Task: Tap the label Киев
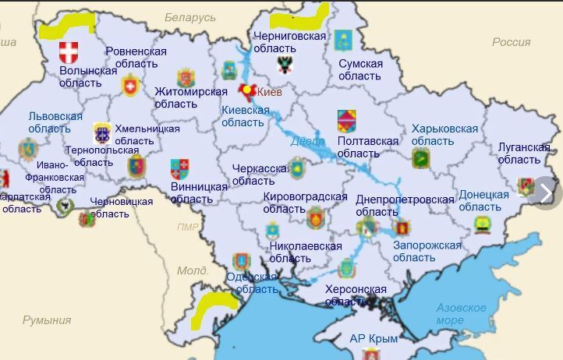click(270, 92)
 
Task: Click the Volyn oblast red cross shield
click(69, 53)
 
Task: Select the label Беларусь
click(189, 17)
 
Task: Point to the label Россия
click(511, 42)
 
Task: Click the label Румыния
click(46, 319)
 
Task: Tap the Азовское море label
click(461, 313)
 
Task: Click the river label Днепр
click(307, 142)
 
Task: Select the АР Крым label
click(374, 338)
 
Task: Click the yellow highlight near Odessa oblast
click(215, 305)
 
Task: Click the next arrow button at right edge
click(545, 192)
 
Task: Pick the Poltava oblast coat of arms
click(346, 121)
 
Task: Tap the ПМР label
click(188, 228)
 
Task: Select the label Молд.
click(192, 270)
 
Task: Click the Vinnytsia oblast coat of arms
click(179, 169)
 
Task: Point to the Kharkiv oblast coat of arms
click(421, 158)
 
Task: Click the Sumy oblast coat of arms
click(343, 40)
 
